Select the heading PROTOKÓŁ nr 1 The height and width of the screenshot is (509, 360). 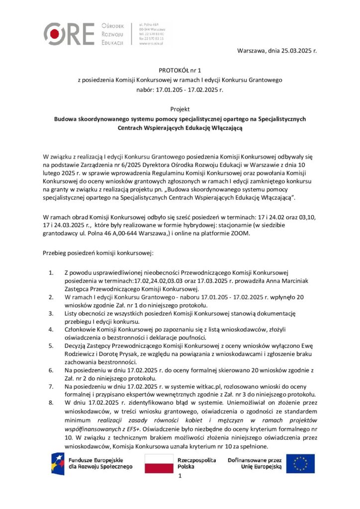coord(180,71)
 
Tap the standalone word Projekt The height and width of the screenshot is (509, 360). coord(180,109)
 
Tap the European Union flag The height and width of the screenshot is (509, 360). coord(300,463)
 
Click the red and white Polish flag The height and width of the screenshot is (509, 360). coord(159,463)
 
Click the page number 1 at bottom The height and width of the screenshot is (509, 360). coord(180,476)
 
